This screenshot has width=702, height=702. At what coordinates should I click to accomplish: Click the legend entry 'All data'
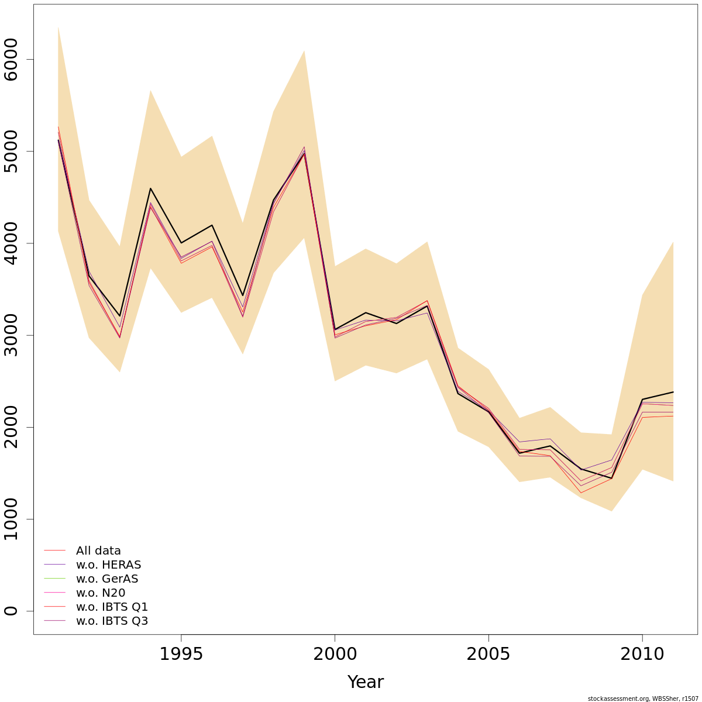click(x=98, y=550)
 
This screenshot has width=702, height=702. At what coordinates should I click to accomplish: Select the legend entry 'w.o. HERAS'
click(x=108, y=565)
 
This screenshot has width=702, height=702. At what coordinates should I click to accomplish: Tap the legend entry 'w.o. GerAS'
click(x=107, y=579)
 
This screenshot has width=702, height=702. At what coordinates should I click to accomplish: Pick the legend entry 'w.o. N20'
click(x=101, y=593)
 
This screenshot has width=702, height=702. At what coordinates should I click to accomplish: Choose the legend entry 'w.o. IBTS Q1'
click(x=112, y=607)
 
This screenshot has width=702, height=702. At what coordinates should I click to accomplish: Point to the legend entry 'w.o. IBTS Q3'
click(x=112, y=621)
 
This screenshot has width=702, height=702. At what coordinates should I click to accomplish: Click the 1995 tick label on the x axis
click(x=181, y=654)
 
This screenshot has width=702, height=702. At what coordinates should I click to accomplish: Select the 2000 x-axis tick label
click(x=335, y=654)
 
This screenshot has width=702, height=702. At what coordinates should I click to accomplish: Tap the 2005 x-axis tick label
click(x=488, y=654)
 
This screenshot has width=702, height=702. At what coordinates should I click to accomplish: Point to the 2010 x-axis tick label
click(x=642, y=654)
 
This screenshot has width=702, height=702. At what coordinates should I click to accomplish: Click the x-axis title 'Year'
click(x=366, y=682)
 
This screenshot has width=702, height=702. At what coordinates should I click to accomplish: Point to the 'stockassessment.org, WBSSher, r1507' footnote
click(x=643, y=698)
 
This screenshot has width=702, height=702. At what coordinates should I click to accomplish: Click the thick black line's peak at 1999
click(x=304, y=153)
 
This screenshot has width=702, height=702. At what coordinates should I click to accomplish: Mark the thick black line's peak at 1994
click(x=150, y=188)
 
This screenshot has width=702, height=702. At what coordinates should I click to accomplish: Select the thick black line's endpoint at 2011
click(x=673, y=392)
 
